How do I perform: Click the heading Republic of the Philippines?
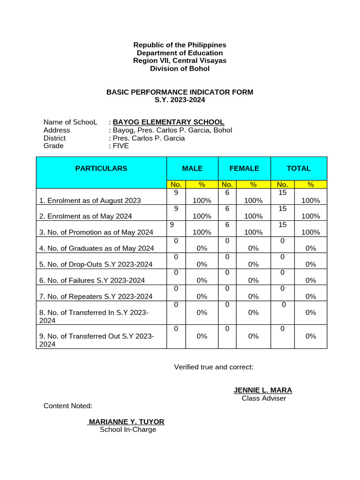point(180,45)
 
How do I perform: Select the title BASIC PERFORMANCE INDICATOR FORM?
point(180,92)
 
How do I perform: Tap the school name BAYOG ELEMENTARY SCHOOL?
point(168,122)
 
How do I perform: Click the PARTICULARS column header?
point(101,168)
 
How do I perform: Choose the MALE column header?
point(193,168)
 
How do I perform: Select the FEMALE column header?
point(244,168)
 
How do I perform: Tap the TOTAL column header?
point(299,168)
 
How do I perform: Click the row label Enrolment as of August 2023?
point(90,201)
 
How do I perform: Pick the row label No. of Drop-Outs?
point(96,264)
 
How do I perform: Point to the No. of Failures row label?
point(92,280)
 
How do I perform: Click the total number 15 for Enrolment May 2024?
point(282,209)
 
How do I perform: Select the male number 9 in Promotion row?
point(172,225)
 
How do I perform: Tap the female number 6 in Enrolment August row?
point(227,193)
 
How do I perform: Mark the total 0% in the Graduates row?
point(310,248)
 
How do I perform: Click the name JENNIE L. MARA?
point(262,390)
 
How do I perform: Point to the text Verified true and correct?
point(214,367)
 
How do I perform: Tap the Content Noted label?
point(68,405)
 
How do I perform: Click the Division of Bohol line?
point(180,69)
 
